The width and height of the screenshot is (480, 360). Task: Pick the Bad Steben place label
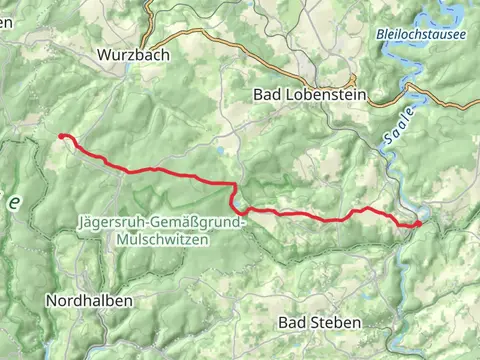click(x=320, y=322)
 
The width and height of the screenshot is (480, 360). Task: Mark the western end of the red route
click(x=62, y=136)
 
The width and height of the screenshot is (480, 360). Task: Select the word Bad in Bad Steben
click(x=292, y=322)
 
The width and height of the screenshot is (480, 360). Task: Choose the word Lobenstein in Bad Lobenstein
click(x=326, y=95)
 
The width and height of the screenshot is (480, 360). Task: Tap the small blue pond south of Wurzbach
click(x=218, y=152)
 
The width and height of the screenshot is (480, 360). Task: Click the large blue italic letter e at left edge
click(x=14, y=202)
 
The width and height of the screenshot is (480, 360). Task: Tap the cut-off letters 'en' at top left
click(x=5, y=22)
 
